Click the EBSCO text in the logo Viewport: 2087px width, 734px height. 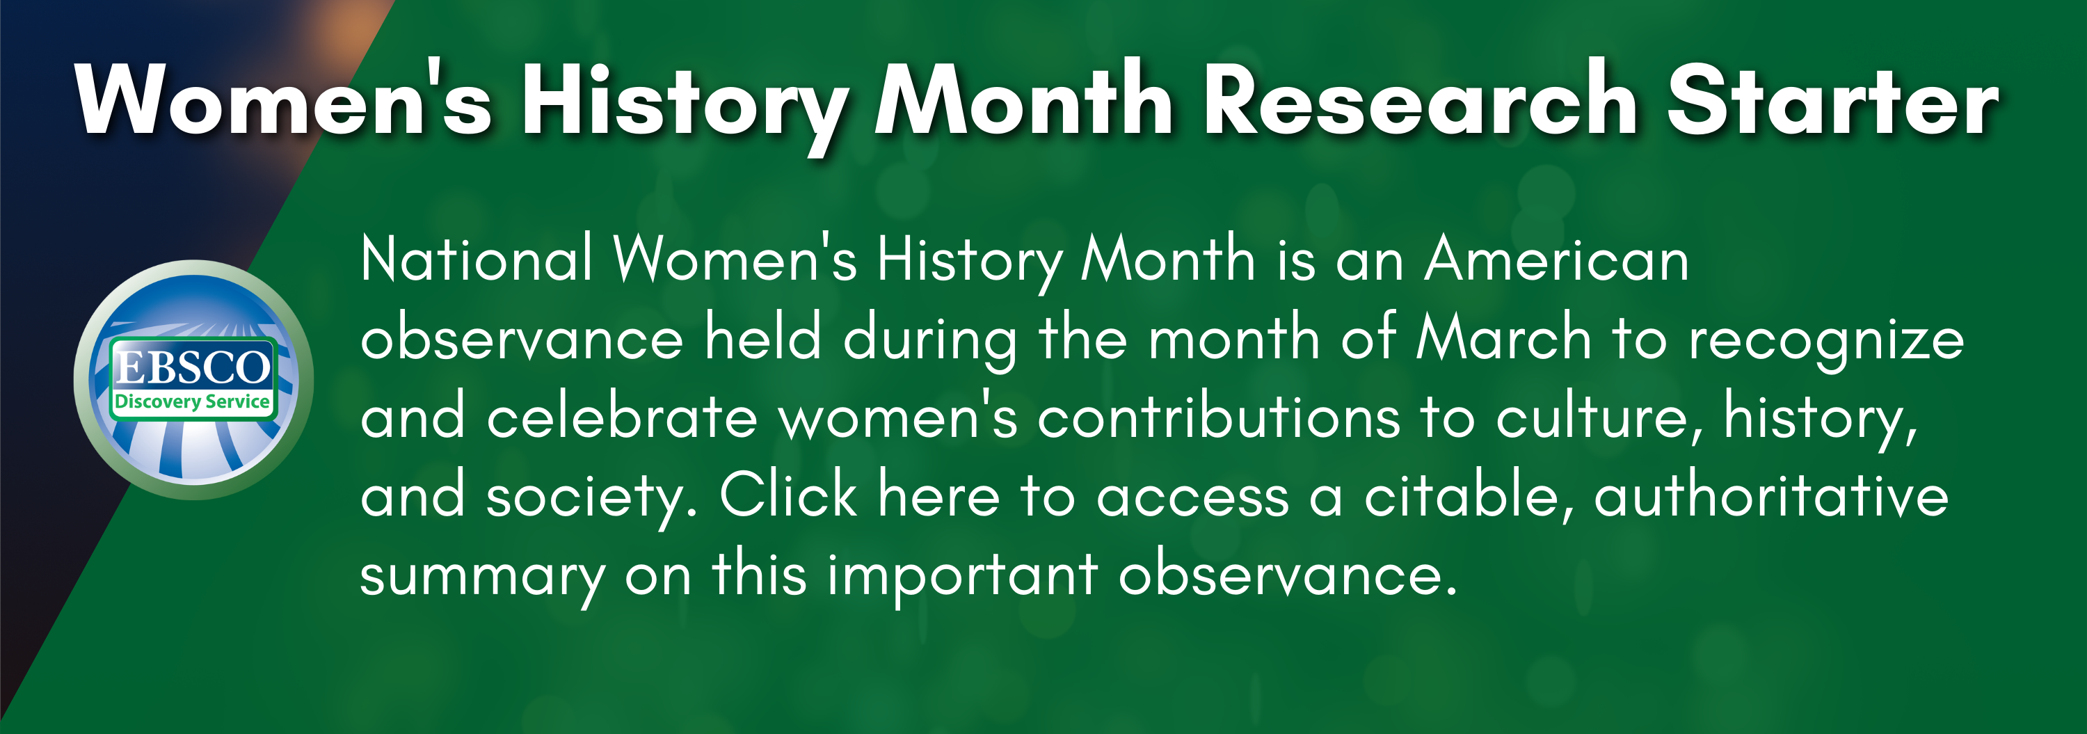[x=193, y=367]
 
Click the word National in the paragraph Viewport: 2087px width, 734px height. [x=477, y=260]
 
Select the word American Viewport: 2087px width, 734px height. [x=1556, y=260]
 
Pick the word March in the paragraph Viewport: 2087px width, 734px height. [x=1503, y=339]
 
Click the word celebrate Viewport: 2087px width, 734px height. [x=621, y=417]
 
